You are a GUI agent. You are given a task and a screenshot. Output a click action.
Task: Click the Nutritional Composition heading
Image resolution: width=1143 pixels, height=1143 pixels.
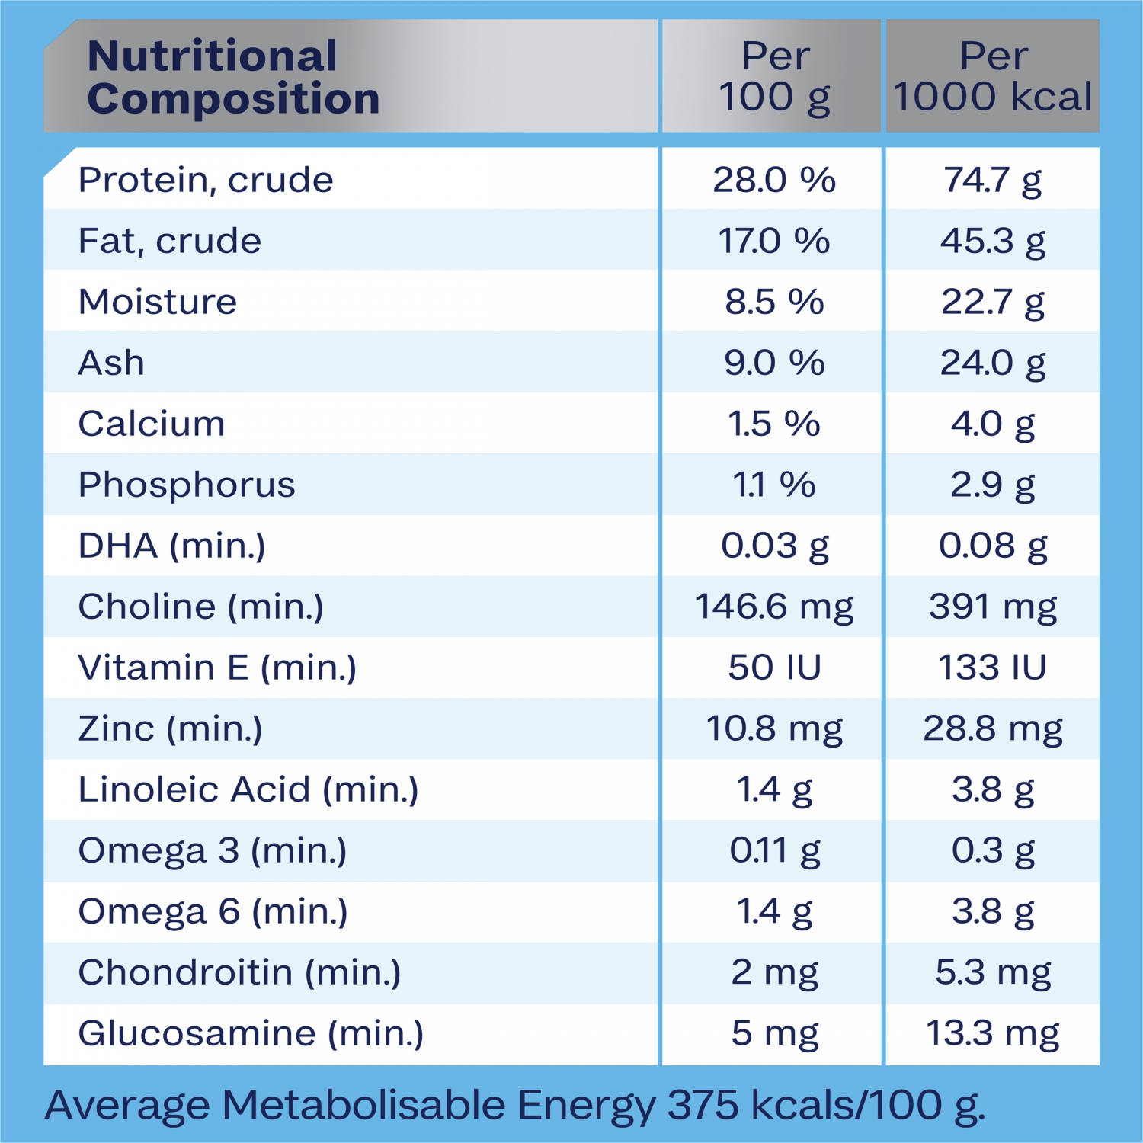tap(233, 77)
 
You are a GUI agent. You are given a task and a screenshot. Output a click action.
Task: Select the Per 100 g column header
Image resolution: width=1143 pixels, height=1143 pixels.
tap(774, 77)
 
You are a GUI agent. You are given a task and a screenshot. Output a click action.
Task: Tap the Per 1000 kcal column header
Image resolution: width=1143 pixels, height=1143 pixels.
tap(992, 77)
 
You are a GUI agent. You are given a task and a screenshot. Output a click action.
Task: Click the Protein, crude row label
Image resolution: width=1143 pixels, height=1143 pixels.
tap(206, 180)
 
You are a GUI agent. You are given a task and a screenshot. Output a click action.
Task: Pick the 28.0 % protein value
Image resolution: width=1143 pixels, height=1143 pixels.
tap(774, 180)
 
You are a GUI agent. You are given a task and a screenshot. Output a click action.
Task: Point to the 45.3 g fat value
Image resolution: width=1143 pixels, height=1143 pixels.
tap(992, 241)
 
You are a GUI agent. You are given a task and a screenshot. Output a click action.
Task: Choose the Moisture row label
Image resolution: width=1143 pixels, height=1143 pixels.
tap(158, 302)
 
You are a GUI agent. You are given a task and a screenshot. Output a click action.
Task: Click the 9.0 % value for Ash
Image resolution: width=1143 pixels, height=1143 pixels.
tap(774, 363)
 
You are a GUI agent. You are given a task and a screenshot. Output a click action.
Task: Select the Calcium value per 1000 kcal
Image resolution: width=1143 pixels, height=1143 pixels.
tap(992, 424)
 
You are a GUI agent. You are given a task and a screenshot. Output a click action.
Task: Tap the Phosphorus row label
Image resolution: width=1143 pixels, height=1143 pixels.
tap(187, 485)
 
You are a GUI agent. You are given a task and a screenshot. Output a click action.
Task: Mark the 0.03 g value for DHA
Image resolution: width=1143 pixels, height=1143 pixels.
tap(774, 546)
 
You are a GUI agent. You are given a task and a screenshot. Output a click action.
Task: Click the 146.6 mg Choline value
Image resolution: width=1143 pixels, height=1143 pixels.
tap(774, 607)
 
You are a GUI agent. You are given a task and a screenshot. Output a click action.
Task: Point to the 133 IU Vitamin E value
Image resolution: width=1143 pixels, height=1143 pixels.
tap(992, 668)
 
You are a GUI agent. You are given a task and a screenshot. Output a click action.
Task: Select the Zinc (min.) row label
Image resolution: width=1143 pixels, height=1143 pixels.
tap(170, 728)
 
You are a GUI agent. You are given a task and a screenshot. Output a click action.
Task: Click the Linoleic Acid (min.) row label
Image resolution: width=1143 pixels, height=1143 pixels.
tap(248, 789)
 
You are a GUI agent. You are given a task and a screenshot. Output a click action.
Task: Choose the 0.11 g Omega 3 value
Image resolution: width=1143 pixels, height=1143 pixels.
tap(774, 850)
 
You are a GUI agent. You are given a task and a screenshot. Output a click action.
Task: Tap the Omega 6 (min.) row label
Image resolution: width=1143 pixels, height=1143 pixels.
tap(213, 911)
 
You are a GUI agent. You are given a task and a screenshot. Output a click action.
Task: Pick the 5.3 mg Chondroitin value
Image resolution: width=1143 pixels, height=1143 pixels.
tap(992, 972)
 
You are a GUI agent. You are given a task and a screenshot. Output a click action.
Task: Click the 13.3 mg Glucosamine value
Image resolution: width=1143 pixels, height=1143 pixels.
tap(992, 1033)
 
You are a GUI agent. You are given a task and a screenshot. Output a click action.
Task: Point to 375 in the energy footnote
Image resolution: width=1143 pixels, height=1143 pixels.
tap(703, 1105)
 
